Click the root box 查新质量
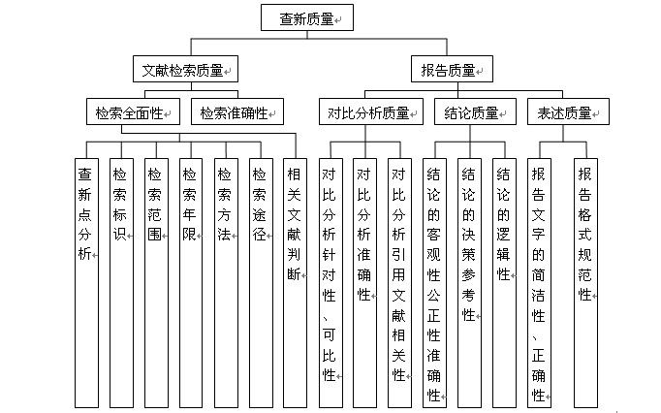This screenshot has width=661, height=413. [307, 17]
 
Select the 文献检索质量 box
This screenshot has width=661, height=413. [185, 69]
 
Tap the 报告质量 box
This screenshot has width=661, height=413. [452, 69]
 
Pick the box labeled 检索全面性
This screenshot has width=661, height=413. [133, 111]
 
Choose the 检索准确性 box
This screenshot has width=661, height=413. [237, 111]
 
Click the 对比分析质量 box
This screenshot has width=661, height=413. [371, 111]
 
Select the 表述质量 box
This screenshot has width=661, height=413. [568, 111]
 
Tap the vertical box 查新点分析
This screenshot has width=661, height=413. [87, 283]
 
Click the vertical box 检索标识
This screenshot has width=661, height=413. [121, 283]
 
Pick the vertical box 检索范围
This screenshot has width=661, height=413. [156, 283]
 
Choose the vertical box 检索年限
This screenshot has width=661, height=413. [191, 283]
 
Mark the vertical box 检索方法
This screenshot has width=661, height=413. [227, 283]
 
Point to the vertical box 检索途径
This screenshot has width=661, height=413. [261, 283]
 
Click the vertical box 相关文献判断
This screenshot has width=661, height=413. [295, 283]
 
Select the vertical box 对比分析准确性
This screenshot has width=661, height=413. [364, 283]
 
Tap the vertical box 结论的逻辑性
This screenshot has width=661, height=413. [505, 283]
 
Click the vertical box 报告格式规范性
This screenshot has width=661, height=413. [586, 283]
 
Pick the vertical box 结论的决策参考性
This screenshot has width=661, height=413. [470, 283]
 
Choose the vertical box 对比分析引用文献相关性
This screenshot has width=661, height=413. [399, 283]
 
